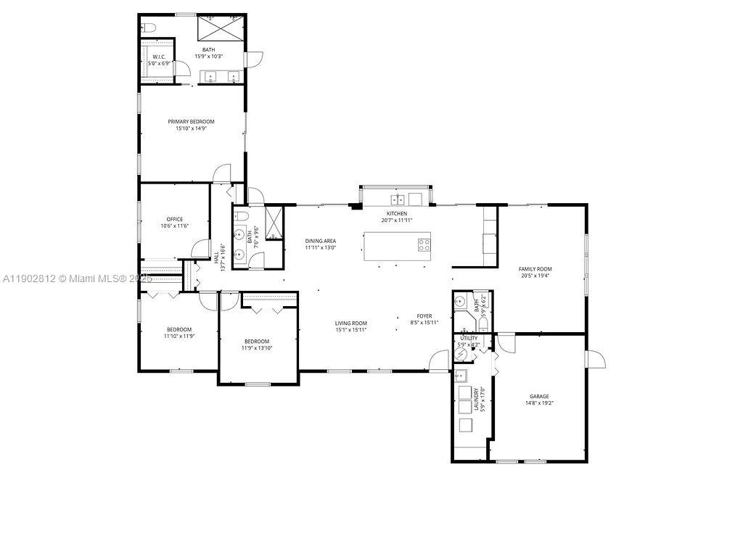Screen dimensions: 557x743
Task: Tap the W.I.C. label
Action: click(x=159, y=57)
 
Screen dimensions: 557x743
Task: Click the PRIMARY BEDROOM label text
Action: click(x=191, y=121)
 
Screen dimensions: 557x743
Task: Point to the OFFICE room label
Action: click(x=174, y=219)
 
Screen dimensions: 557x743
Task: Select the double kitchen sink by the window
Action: click(x=398, y=199)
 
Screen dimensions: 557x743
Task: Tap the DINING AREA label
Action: click(x=320, y=241)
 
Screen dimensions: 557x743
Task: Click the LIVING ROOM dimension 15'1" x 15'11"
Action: click(x=350, y=330)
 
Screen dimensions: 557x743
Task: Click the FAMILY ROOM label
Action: click(x=535, y=269)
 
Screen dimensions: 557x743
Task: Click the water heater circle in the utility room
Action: click(x=462, y=353)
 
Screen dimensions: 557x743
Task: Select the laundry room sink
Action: click(x=460, y=376)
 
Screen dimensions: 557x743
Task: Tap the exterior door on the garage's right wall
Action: click(x=595, y=359)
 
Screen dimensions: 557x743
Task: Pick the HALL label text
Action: click(x=216, y=257)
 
